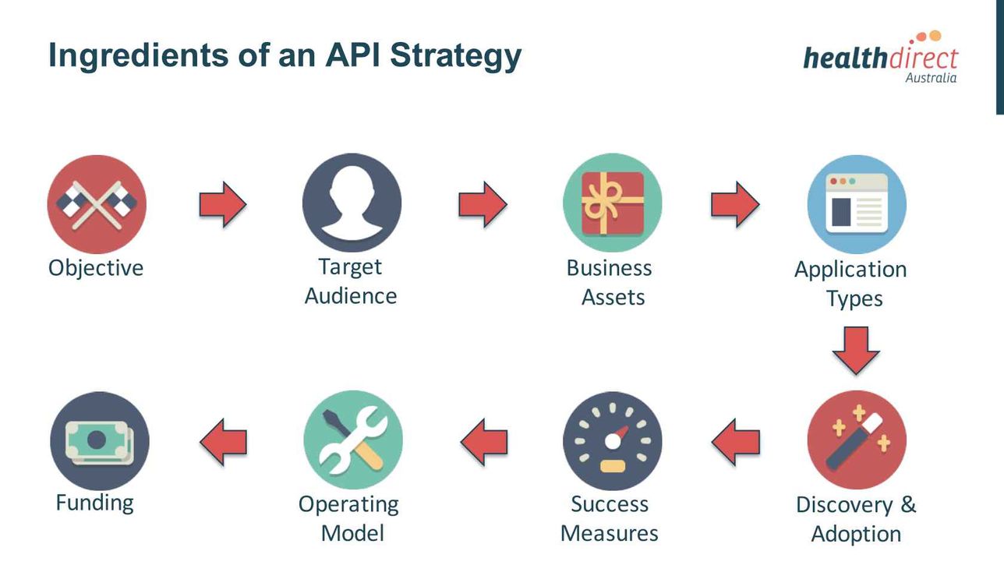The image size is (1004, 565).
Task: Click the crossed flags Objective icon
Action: [x=97, y=204]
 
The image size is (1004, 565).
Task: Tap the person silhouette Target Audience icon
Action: [x=352, y=203]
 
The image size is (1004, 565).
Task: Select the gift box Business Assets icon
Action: [x=612, y=203]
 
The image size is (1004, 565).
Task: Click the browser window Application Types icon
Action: [x=857, y=204]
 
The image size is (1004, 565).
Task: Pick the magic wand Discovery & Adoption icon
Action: [x=857, y=440]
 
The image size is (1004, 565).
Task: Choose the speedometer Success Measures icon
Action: [x=612, y=441]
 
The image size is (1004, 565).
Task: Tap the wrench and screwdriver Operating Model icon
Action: [x=353, y=440]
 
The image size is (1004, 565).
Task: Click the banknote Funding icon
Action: [x=100, y=441]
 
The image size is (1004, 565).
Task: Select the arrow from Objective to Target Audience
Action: [x=223, y=204]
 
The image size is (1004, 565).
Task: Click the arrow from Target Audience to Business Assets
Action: [x=483, y=204]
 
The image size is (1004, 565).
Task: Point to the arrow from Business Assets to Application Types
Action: [x=735, y=204]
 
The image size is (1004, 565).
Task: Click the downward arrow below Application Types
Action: [x=856, y=351]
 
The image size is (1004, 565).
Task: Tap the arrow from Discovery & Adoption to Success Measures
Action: [x=736, y=442]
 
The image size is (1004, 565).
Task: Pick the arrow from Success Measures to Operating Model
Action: [x=484, y=442]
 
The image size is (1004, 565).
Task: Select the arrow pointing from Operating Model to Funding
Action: [x=223, y=442]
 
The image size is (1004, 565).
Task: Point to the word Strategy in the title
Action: [x=456, y=57]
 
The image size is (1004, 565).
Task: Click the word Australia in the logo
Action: [x=931, y=77]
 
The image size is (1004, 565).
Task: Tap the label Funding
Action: [x=94, y=503]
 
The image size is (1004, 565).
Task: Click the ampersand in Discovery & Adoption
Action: [x=908, y=504]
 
